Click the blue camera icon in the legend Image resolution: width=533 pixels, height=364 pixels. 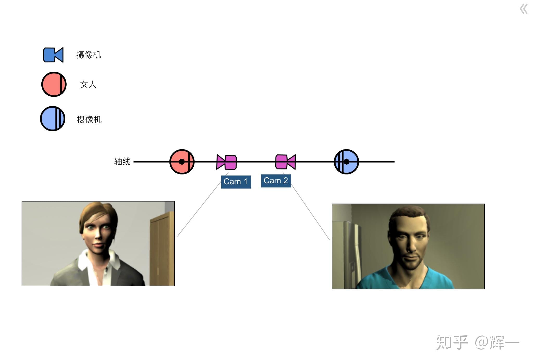click(x=53, y=55)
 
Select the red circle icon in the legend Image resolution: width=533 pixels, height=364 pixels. click(x=54, y=84)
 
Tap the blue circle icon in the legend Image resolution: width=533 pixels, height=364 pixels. click(x=53, y=119)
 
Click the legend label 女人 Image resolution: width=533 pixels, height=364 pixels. click(x=88, y=84)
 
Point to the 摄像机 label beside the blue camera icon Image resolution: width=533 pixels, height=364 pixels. click(x=89, y=55)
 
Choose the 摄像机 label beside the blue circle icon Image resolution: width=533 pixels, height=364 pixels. click(x=89, y=120)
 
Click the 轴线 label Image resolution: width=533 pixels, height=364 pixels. click(x=122, y=161)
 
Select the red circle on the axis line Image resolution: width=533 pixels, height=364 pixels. click(x=182, y=162)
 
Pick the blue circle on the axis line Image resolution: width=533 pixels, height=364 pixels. click(x=346, y=162)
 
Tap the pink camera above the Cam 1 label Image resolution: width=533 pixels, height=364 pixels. click(x=227, y=162)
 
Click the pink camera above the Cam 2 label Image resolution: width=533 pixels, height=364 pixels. click(x=286, y=162)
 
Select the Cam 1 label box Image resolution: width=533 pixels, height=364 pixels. click(x=236, y=182)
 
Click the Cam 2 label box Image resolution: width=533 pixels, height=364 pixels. click(x=276, y=181)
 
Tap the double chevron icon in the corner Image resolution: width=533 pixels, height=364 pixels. click(x=524, y=9)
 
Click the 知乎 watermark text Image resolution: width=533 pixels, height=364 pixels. click(x=452, y=342)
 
